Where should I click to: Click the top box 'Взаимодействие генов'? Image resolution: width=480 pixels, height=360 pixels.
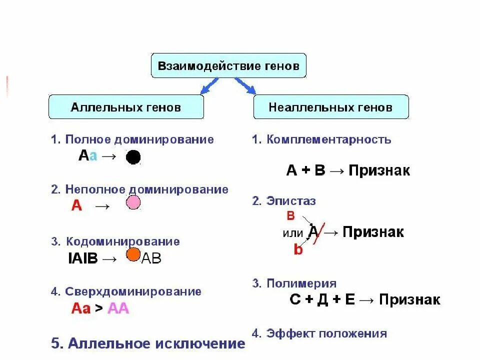[228, 65]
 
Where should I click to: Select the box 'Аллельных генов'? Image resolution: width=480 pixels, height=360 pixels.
[126, 107]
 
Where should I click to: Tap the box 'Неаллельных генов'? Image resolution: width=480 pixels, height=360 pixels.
[330, 107]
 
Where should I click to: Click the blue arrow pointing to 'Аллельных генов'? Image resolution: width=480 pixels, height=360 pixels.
[208, 86]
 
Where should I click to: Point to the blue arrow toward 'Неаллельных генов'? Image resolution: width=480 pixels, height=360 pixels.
[245, 86]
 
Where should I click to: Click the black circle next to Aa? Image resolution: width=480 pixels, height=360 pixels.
[133, 157]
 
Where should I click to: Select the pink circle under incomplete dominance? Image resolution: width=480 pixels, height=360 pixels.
[133, 203]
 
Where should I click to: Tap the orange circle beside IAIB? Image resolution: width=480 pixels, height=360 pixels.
[133, 254]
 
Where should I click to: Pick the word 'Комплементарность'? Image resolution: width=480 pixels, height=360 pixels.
[329, 139]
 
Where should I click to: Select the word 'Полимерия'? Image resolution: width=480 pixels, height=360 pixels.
[301, 284]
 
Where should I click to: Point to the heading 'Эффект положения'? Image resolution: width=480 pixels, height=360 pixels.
[327, 333]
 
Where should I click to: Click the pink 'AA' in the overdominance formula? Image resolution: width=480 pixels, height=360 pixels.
[118, 308]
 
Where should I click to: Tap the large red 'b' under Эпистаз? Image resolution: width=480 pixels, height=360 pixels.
[298, 249]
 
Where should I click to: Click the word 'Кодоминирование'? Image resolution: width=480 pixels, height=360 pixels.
[122, 241]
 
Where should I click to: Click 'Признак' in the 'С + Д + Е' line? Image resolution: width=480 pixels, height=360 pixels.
[409, 299]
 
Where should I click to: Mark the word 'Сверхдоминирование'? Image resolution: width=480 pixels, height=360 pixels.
[133, 291]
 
